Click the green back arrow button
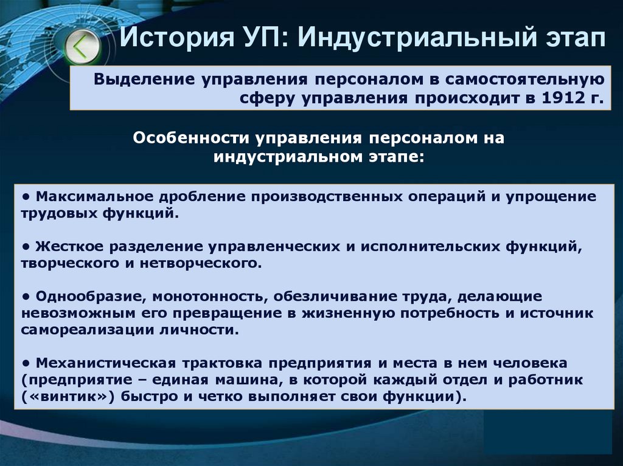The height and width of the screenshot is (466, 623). pos(80,46)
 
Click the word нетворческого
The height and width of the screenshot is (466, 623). pos(212,264)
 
